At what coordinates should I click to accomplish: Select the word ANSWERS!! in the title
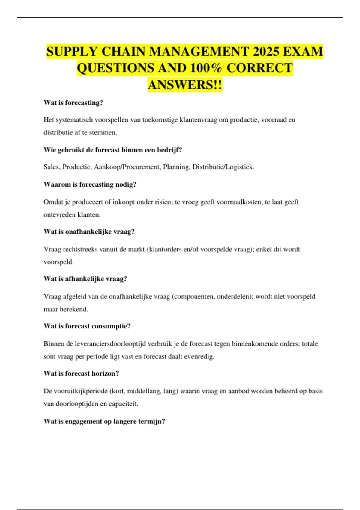pyautogui.click(x=185, y=85)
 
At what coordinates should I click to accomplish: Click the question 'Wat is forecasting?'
pyautogui.click(x=73, y=103)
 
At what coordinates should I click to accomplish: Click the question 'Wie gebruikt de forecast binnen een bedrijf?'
pyautogui.click(x=113, y=150)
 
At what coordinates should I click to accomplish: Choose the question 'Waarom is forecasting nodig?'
pyautogui.click(x=90, y=184)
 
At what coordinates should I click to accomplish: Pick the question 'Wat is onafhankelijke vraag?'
pyautogui.click(x=89, y=232)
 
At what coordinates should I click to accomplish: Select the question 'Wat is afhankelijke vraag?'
pyautogui.click(x=85, y=279)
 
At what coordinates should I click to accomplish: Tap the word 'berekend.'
pyautogui.click(x=74, y=309)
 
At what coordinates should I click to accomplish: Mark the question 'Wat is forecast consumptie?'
pyautogui.click(x=87, y=326)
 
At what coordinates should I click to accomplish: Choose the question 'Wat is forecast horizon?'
pyautogui.click(x=81, y=373)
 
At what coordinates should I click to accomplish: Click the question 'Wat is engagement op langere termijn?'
pyautogui.click(x=104, y=421)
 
